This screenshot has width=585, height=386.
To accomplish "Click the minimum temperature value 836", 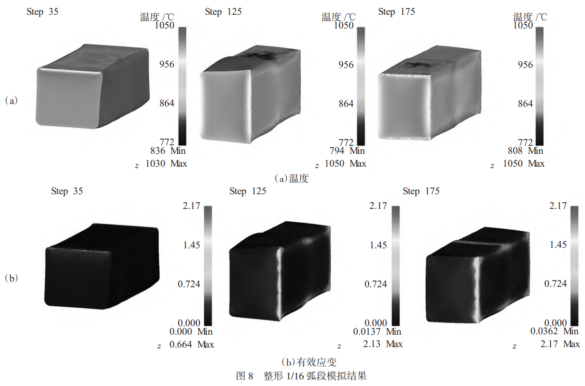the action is coord(158,151).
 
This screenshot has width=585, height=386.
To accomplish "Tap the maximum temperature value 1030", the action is coord(155,163).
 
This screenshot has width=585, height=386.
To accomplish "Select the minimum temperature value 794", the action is coord(336,151).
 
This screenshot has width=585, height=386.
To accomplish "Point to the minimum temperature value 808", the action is coord(515,151).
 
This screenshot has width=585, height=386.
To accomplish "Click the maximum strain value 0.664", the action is coord(181,344).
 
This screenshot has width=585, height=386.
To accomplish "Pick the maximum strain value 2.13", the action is coord(372,344).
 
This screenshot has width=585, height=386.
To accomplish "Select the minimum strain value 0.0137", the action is coord(367,331).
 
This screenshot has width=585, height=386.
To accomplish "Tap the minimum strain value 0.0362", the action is coord(544,331).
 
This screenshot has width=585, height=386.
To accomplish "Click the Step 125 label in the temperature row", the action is coord(223,12).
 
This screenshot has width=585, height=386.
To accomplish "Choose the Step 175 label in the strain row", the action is coord(421,191).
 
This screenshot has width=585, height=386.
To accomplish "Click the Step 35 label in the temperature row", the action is coord(42,12).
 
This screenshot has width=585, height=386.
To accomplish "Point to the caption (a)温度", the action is coord(292,179).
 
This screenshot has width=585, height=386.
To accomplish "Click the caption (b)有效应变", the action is coord(309,362).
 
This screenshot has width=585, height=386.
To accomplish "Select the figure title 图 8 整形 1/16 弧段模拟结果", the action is coord(301,376).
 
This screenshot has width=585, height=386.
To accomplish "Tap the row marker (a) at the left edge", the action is coord(11,101).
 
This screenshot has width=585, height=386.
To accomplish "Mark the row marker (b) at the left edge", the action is coord(11,278).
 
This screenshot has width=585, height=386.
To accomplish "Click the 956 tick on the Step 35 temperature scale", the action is coord(167,64).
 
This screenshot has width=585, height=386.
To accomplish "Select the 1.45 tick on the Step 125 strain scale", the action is coord(378,245).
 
